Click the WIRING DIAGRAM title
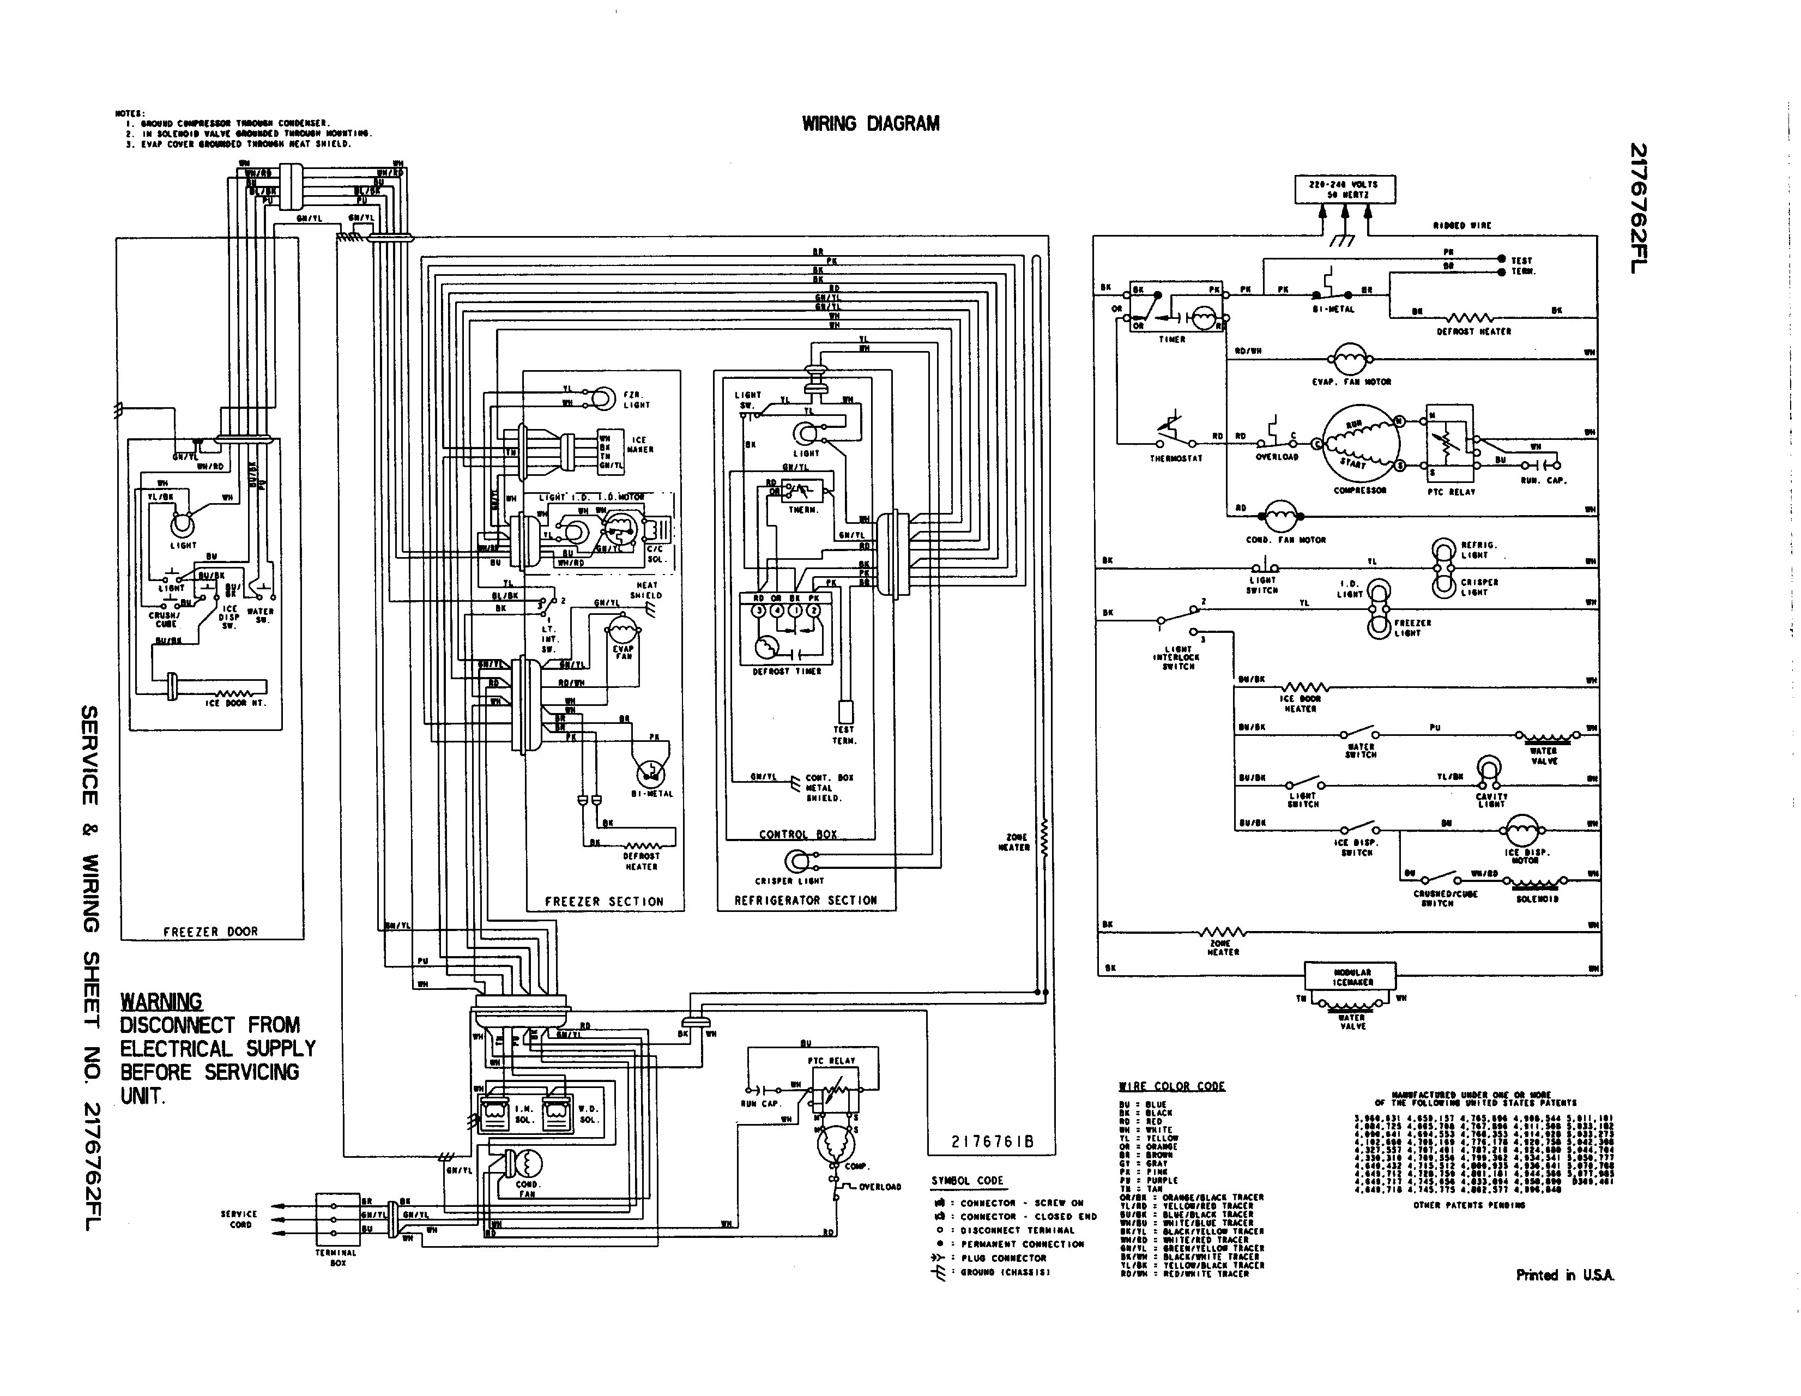point(870,124)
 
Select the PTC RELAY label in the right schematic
point(1451,492)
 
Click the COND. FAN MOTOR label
point(1285,540)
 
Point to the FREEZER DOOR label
point(210,932)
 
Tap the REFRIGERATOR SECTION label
point(806,901)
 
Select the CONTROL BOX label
point(797,835)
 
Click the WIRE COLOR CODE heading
point(1171,1086)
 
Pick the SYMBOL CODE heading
point(968,1181)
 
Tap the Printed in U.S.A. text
point(1564,1275)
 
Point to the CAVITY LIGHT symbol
point(1489,769)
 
